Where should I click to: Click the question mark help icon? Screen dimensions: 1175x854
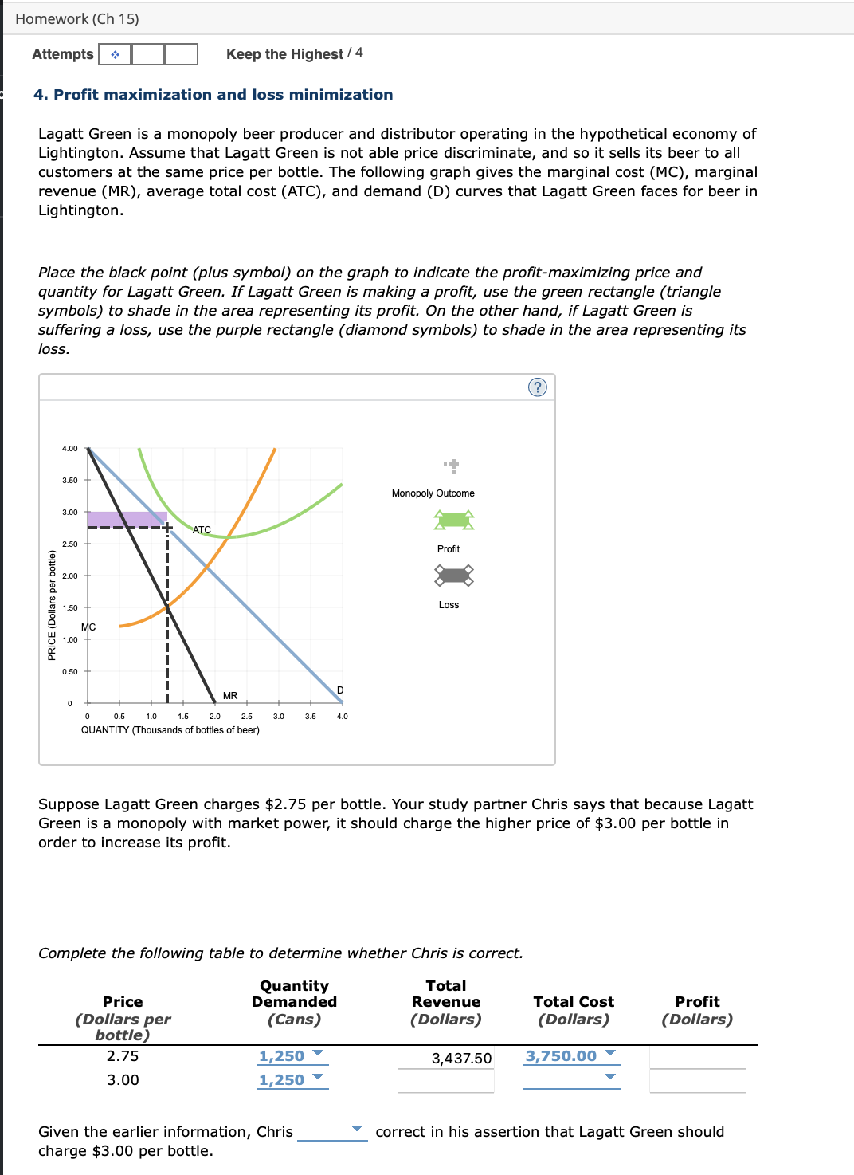point(538,387)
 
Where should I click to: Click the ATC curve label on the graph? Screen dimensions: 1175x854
point(202,530)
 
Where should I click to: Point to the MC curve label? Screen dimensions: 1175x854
point(88,627)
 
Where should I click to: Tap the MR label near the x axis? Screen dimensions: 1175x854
point(230,696)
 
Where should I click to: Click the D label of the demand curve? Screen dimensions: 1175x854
point(340,690)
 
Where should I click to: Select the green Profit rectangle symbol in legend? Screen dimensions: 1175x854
point(454,521)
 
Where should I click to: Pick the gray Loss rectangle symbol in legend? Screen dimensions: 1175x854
point(454,575)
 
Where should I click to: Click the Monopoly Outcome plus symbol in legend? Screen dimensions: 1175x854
point(452,465)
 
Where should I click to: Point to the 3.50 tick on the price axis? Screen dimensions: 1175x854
point(70,481)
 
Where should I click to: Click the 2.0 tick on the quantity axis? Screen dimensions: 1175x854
point(215,716)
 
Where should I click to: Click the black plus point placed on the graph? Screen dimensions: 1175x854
point(167,527)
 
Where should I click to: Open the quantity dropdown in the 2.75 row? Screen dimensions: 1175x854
point(292,1056)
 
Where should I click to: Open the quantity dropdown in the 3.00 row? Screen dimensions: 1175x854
point(292,1080)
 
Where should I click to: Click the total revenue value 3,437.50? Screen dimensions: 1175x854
point(461,1059)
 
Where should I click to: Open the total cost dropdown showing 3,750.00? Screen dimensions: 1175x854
point(571,1056)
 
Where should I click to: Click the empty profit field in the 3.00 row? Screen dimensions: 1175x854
point(697,1081)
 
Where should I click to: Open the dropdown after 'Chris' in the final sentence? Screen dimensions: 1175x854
point(332,1131)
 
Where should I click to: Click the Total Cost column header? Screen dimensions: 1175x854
point(574,1002)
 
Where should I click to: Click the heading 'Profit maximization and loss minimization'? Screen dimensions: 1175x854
point(213,95)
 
